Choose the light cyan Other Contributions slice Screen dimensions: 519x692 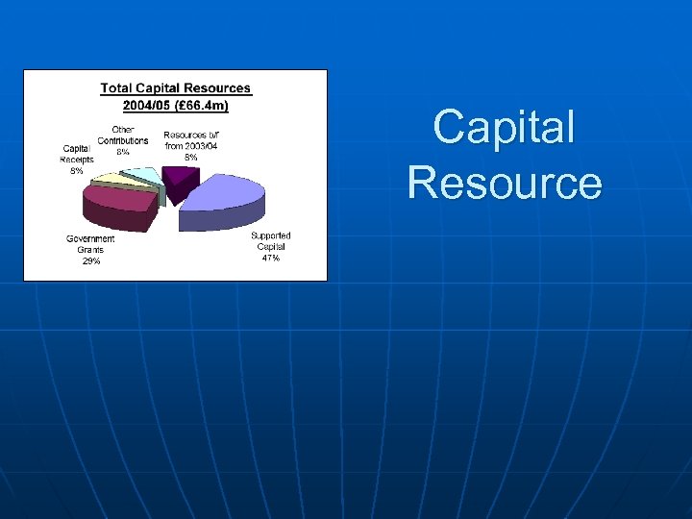[144, 174]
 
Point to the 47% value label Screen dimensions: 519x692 [270, 259]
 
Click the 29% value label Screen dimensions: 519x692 [90, 260]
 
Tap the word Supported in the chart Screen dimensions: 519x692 [270, 235]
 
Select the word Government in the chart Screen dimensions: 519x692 [90, 238]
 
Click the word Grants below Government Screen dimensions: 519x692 [90, 250]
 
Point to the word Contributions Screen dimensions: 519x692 [123, 140]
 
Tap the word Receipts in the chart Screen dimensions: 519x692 [77, 160]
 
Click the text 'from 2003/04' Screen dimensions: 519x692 [190, 146]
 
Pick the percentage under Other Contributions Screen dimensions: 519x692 [123, 152]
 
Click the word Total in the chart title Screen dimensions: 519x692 [117, 88]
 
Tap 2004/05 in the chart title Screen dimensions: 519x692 [147, 104]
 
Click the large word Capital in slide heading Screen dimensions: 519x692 [504, 128]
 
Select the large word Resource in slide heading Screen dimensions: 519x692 [504, 183]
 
